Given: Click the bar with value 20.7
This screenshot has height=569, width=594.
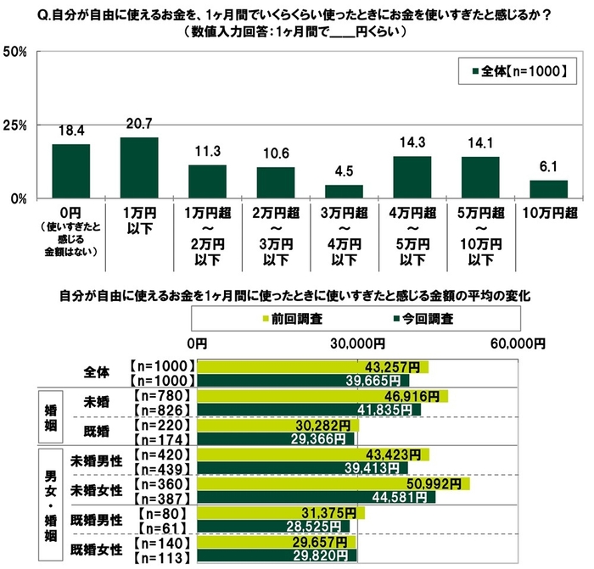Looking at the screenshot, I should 139,168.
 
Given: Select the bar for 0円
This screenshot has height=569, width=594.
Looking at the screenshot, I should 70,171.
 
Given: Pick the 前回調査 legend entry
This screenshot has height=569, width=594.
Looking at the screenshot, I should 297,320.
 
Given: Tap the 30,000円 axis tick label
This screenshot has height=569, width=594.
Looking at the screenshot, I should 356,343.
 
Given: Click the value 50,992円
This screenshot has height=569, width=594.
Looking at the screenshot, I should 440,483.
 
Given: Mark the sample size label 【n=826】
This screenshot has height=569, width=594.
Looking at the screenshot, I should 165,410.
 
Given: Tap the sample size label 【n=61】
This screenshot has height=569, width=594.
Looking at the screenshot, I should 169,527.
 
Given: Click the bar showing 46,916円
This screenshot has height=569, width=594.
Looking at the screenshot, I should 322,396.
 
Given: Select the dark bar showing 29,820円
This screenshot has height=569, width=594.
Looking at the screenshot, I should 277,556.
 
